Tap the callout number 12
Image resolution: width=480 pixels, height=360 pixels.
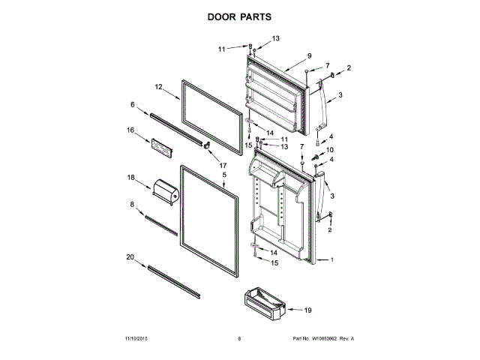[x=158, y=88]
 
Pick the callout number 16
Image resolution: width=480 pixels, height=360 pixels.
[x=130, y=130]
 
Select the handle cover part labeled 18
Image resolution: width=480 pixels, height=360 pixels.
[x=164, y=192]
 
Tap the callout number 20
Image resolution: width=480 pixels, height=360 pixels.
[x=130, y=257]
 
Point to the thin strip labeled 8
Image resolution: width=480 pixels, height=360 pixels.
[x=161, y=226]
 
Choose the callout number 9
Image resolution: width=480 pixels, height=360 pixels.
[x=308, y=56]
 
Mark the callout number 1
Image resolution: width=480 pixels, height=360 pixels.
[x=333, y=260]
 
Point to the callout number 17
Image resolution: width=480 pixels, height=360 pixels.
[x=223, y=164]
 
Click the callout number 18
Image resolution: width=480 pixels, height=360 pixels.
[x=130, y=178]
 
